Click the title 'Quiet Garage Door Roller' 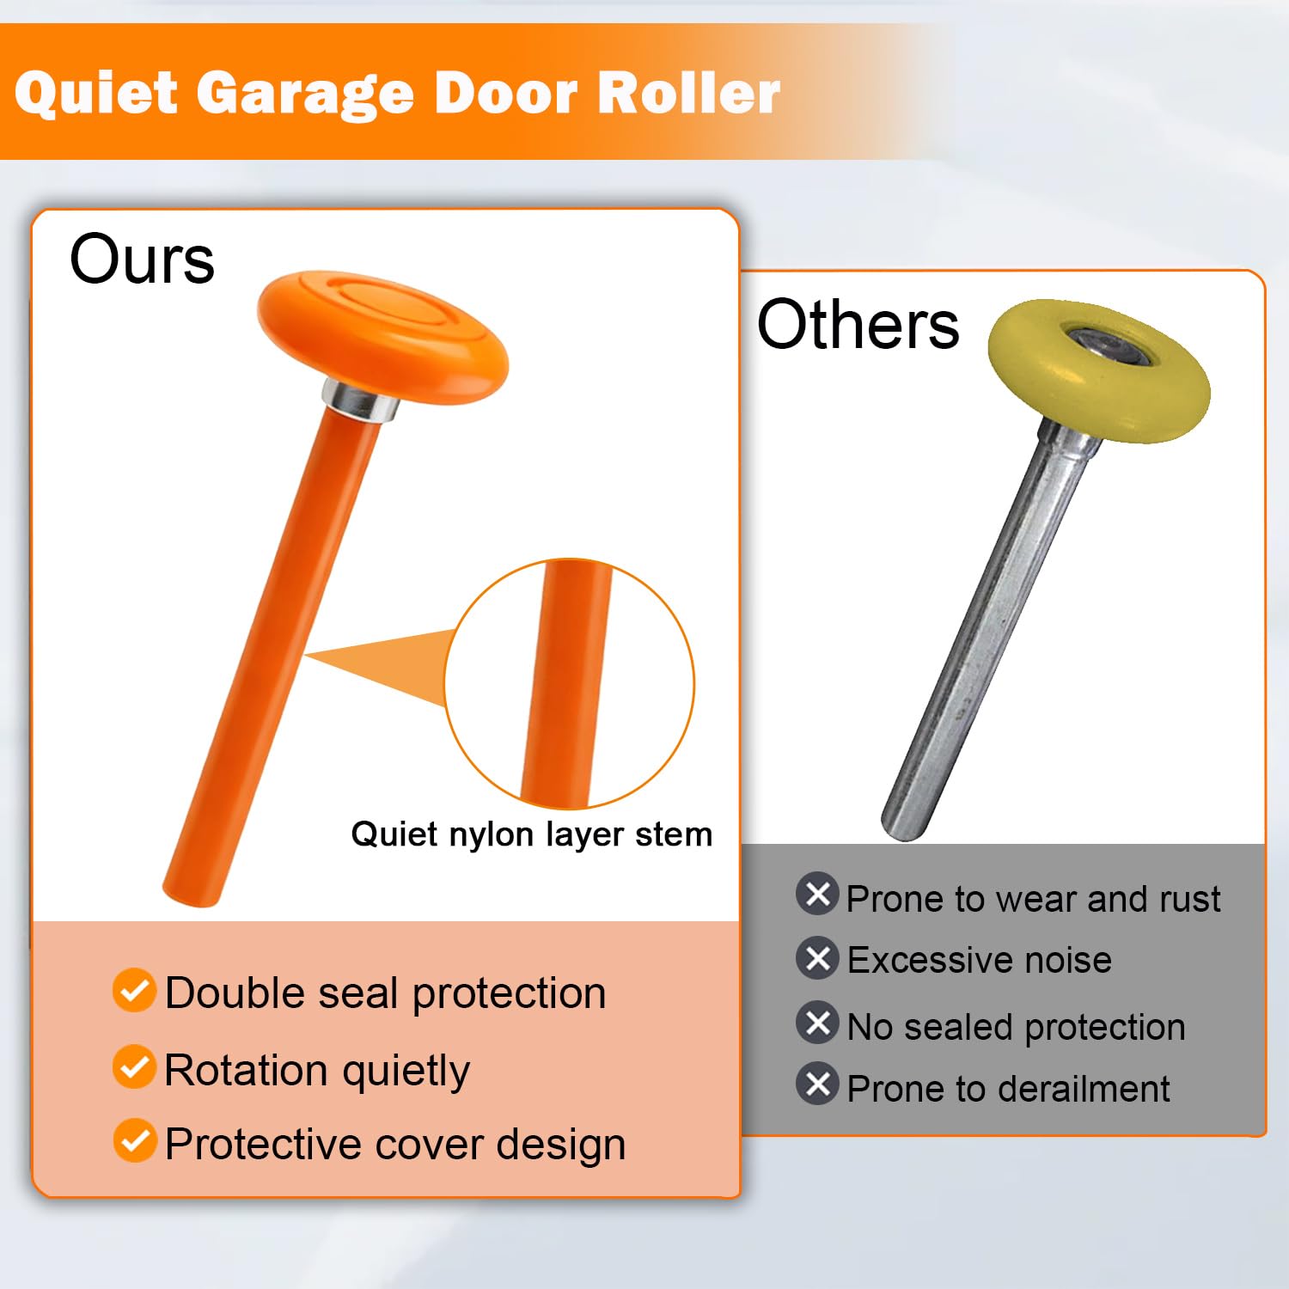[x=397, y=93]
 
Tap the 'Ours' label [x=142, y=260]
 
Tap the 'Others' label [x=858, y=325]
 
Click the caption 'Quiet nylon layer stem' [x=531, y=834]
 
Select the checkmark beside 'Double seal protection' [x=134, y=991]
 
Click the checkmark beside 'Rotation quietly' [x=134, y=1066]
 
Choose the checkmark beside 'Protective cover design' [x=134, y=1140]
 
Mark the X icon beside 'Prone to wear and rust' [x=817, y=894]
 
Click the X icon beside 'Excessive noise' [x=817, y=957]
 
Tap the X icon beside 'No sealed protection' [x=817, y=1023]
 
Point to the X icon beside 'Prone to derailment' [x=817, y=1084]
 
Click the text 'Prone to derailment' [x=1008, y=1089]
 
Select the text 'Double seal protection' [x=385, y=993]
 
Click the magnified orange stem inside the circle [x=563, y=683]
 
